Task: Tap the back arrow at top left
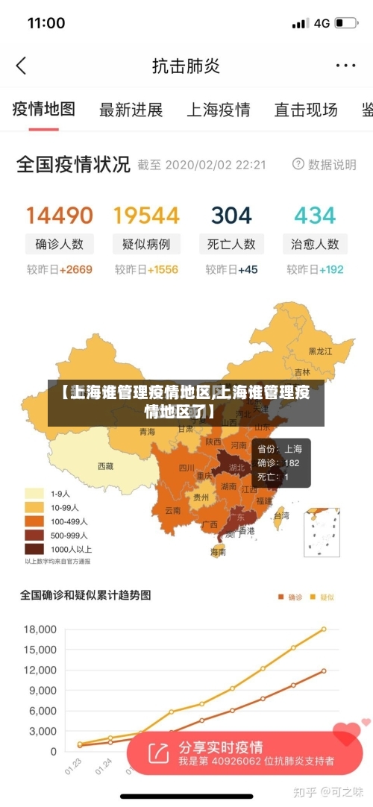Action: click(x=21, y=66)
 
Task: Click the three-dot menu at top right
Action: click(x=345, y=66)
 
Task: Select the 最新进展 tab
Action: click(x=131, y=110)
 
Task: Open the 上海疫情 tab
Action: click(x=218, y=110)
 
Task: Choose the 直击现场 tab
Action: click(x=306, y=110)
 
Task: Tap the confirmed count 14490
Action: click(x=60, y=216)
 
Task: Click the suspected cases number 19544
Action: click(x=146, y=216)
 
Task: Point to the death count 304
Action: click(x=231, y=216)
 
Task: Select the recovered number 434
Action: click(x=315, y=216)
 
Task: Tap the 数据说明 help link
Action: click(x=325, y=164)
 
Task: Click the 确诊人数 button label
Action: click(x=60, y=244)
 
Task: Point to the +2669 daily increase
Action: click(x=76, y=269)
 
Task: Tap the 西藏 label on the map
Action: click(x=106, y=466)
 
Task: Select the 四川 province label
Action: click(x=186, y=468)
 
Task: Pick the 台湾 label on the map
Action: click(x=281, y=515)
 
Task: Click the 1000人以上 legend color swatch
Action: click(x=34, y=549)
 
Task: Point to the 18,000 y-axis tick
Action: click(x=40, y=629)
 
